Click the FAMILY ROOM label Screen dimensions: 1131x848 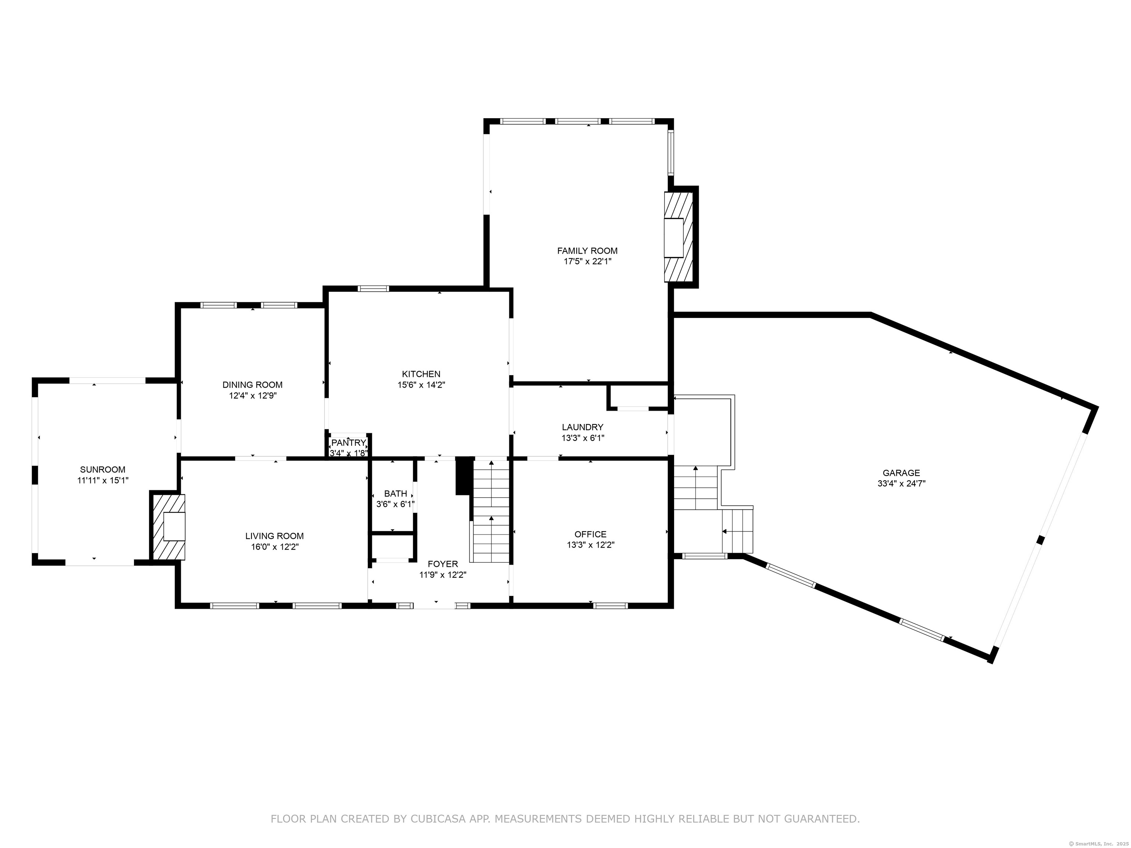587,251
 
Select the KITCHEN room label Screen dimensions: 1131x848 421,374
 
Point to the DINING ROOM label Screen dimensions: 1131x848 252,385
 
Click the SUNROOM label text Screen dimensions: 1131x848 102,470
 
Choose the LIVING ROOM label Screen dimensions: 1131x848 274,536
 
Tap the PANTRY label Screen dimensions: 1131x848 349,443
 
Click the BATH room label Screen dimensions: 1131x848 395,494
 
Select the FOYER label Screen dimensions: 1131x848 443,564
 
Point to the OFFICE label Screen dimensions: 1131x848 590,535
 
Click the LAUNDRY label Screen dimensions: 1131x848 582,427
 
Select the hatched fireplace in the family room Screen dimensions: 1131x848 678,237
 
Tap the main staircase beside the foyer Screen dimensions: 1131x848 491,512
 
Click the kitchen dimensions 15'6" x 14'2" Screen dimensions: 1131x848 421,385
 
